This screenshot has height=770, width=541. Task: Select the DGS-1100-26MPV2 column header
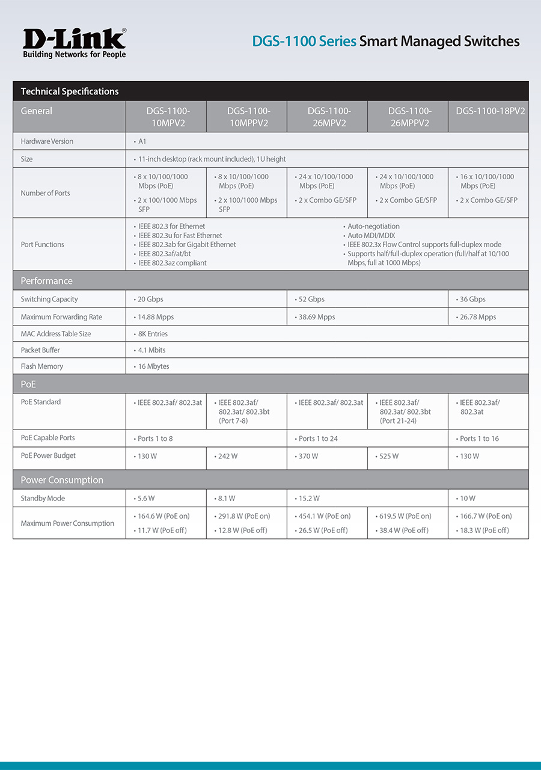click(328, 117)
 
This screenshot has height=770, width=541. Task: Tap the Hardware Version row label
click(47, 141)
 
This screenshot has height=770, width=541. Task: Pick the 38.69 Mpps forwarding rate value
click(317, 317)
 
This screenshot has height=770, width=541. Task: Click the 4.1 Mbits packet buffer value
click(151, 350)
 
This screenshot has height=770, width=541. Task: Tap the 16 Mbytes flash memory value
click(153, 366)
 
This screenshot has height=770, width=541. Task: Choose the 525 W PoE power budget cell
click(388, 457)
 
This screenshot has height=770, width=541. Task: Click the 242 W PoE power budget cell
click(227, 457)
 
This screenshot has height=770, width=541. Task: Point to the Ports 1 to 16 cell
click(479, 439)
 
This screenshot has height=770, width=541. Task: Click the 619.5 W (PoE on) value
click(405, 516)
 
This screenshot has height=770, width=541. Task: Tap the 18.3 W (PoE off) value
click(486, 531)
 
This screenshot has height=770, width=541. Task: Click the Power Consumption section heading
click(62, 480)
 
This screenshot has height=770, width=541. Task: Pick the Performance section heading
click(46, 281)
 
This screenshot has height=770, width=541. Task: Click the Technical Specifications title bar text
click(70, 91)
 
